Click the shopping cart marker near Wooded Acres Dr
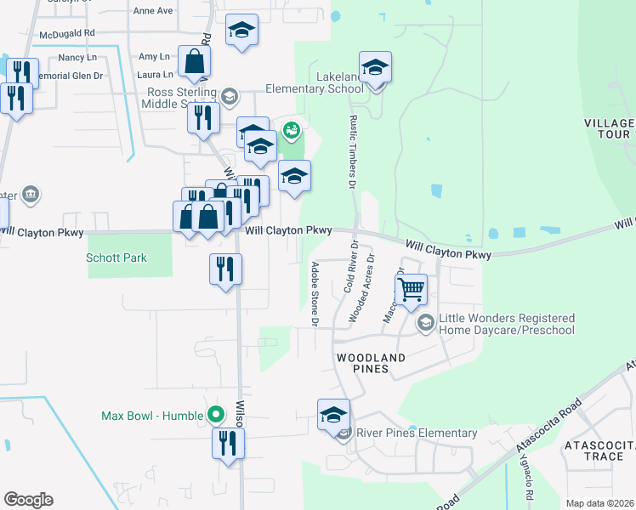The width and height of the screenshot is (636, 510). click(x=412, y=288)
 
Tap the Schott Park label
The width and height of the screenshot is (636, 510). click(x=116, y=258)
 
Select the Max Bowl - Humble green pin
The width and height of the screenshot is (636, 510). click(x=216, y=416)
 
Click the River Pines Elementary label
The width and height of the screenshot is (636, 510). click(x=416, y=433)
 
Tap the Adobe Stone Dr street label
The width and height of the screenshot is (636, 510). click(x=314, y=294)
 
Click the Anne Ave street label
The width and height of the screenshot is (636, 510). click(x=153, y=11)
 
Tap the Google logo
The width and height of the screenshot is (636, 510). click(x=28, y=500)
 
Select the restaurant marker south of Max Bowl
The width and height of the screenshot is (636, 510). click(x=228, y=444)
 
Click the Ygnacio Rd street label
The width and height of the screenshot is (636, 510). click(x=528, y=484)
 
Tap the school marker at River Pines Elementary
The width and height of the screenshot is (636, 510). click(x=333, y=416)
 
